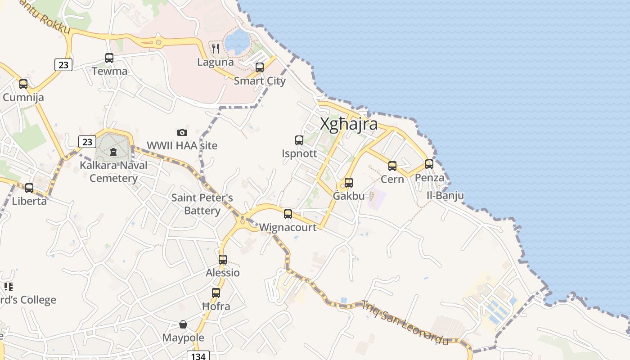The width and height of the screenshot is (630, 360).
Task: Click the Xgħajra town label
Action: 349,124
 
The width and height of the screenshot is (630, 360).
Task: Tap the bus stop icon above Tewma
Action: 109,58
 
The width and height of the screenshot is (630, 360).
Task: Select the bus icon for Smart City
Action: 260,67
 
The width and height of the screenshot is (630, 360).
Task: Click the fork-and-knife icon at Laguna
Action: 216,48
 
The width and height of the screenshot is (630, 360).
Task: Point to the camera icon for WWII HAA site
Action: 182,132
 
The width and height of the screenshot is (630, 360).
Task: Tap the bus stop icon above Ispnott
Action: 299,140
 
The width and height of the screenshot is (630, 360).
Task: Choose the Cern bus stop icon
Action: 392,166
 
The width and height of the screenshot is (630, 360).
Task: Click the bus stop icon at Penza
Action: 429,164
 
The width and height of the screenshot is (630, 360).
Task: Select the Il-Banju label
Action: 445,196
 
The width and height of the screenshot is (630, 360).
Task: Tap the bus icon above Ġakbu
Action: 349,183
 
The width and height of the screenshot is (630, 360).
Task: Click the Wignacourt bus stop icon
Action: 288,214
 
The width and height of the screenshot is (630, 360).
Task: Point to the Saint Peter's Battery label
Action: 202,204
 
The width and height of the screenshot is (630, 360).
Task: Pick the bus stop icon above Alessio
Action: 223,260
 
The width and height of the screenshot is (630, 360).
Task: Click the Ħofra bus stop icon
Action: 216,293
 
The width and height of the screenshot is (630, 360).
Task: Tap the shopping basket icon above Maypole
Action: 183,324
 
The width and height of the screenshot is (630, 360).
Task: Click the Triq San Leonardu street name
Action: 405,323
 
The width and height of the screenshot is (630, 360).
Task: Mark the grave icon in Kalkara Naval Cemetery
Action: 113,152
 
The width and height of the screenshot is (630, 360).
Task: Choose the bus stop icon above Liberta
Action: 29,188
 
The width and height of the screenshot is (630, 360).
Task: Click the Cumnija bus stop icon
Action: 23,84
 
